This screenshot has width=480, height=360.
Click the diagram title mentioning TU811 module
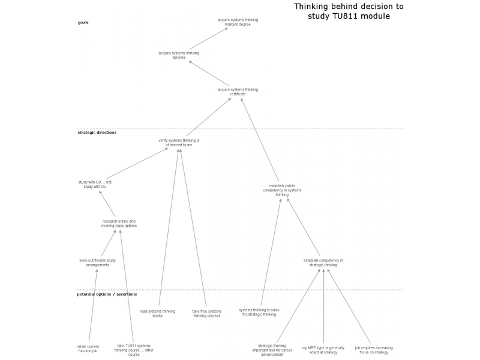tap(349, 11)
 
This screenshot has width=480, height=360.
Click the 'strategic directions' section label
tap(97, 132)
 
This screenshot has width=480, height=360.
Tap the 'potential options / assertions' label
tap(107, 294)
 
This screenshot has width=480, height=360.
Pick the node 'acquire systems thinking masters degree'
tap(238, 22)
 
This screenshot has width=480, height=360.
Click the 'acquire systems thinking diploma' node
tap(179, 55)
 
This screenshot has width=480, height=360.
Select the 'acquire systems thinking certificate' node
tap(238, 92)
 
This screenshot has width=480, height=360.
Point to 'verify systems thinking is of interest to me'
tap(179, 143)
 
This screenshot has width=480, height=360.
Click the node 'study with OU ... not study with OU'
tap(95, 184)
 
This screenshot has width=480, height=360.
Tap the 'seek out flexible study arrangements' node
tap(97, 263)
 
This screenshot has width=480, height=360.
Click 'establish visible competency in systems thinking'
tap(282, 190)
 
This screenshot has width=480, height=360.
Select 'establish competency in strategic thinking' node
tap(323, 262)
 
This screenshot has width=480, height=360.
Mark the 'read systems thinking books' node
tap(157, 313)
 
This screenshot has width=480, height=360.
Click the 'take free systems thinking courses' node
tap(206, 313)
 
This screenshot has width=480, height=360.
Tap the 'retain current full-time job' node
tap(88, 348)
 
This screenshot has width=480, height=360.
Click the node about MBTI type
tap(323, 350)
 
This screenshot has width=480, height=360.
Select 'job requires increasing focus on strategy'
tap(374, 350)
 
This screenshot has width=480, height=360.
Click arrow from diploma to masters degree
tap(208, 38)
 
